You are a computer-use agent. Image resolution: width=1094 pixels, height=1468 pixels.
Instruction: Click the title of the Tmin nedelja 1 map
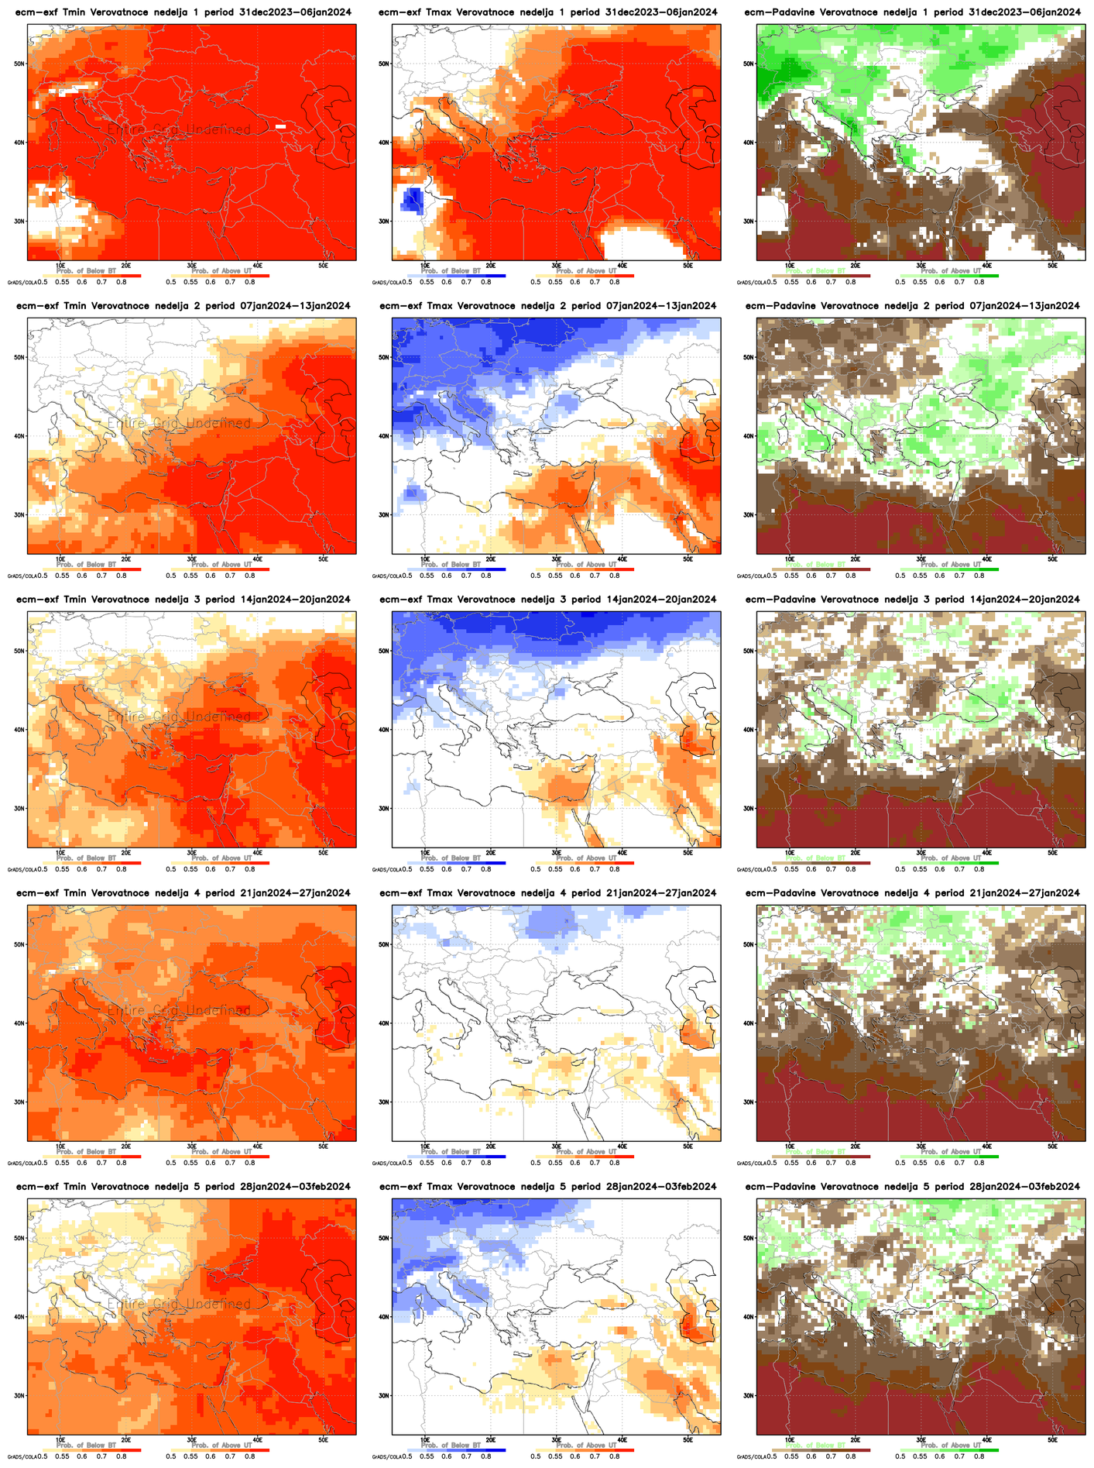tap(183, 12)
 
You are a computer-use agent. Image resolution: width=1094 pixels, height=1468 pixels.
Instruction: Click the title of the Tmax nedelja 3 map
tap(547, 600)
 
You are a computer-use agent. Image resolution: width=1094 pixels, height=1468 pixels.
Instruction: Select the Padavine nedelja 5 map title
tap(912, 1186)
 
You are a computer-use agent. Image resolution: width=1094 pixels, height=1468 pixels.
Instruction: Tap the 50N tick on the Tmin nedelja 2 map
tap(19, 357)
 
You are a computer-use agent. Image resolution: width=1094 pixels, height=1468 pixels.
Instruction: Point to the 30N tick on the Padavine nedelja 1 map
tap(748, 221)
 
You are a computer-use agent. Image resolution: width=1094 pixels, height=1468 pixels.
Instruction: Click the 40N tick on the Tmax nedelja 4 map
tap(383, 1023)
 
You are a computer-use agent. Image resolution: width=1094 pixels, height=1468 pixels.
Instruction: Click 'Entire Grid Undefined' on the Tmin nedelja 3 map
tap(179, 717)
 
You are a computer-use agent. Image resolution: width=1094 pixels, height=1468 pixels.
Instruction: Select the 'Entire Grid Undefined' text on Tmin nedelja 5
tap(179, 1304)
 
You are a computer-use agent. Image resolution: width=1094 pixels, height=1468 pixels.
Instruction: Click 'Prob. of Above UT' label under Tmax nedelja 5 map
tap(586, 1445)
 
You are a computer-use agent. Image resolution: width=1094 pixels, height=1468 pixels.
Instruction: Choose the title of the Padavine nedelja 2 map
tap(912, 306)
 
